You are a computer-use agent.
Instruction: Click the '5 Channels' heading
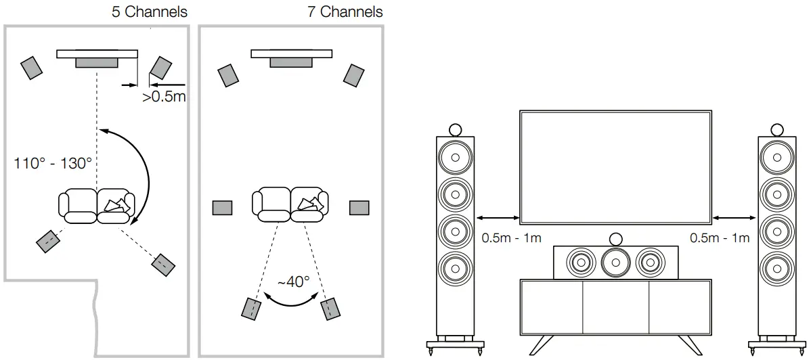(149, 12)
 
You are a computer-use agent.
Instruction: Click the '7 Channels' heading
(345, 12)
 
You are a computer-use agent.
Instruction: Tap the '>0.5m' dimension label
(164, 97)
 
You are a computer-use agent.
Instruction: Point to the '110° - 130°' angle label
(52, 163)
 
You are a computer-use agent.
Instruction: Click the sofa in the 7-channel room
(290, 204)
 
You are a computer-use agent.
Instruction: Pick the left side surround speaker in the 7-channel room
(222, 208)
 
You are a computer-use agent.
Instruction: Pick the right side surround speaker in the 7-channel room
(359, 208)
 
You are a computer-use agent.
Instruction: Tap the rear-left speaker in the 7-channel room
(251, 308)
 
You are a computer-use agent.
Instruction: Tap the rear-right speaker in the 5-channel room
(164, 265)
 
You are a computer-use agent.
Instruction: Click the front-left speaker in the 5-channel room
(32, 67)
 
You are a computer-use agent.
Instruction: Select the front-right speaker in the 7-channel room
(354, 75)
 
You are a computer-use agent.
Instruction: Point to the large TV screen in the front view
(615, 166)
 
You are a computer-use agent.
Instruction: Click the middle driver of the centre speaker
(615, 261)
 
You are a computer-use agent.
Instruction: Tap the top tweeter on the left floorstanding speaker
(455, 129)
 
